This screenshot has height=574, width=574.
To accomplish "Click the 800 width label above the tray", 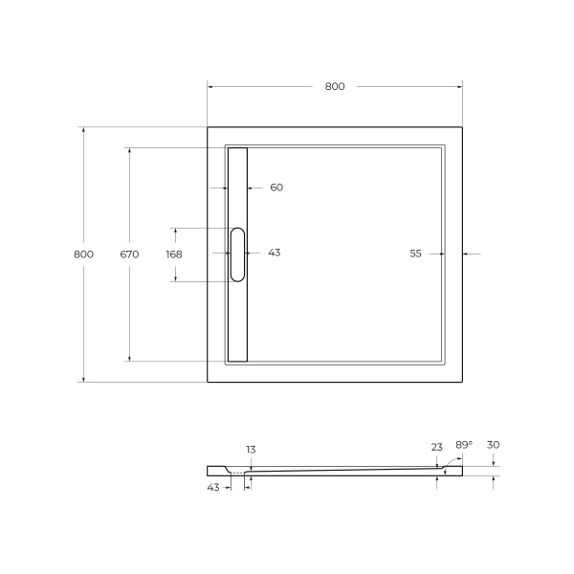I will point(334,86).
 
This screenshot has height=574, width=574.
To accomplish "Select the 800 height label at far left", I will point(83,254).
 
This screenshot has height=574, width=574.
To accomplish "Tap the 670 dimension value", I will point(129,254).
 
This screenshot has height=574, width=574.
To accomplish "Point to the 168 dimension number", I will point(173,254).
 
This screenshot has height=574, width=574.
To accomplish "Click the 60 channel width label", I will point(276,188).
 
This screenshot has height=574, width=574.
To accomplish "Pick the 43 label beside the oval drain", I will point(274,253).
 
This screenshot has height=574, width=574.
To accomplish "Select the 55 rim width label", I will point(416,254).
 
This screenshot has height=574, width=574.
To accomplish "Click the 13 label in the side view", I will point(251,449).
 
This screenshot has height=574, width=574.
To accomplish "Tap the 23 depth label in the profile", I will point(437,446).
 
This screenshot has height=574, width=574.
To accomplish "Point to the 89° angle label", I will point(463,445).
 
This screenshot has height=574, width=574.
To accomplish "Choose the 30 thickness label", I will point(494,445).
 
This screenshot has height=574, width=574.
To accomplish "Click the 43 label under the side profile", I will point(213,487).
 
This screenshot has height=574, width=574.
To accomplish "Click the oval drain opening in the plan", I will point(237,254).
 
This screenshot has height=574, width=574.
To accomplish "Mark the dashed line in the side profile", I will point(239,473).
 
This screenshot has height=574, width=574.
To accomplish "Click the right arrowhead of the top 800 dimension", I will point(460,86).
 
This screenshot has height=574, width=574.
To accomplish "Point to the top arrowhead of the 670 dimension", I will point(129,150).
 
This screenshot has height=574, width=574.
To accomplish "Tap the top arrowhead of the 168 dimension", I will point(173,231).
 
